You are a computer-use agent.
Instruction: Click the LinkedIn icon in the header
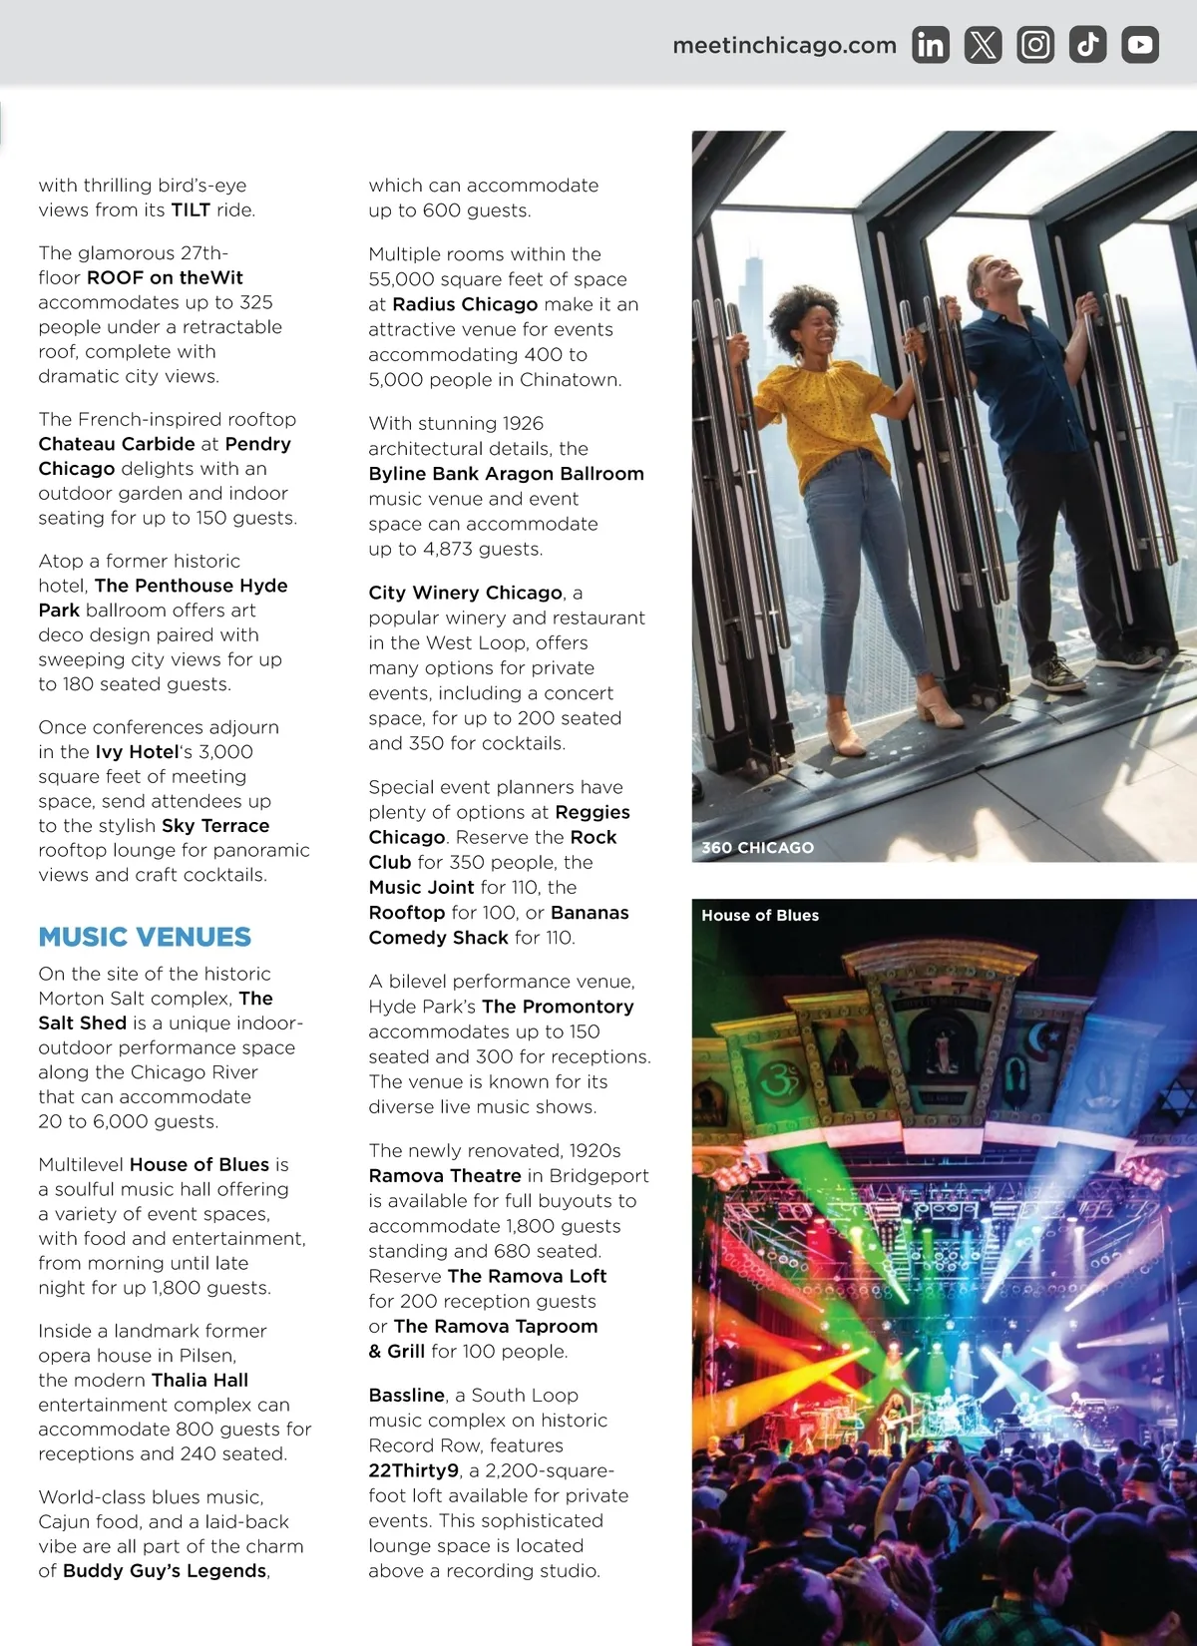click(930, 45)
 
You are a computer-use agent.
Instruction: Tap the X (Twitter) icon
click(983, 45)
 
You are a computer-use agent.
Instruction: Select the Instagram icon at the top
click(1035, 45)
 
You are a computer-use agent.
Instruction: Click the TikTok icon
click(1087, 45)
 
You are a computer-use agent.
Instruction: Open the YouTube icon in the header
click(1140, 45)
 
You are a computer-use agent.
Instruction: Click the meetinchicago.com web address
click(784, 46)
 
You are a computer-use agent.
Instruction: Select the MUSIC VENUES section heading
click(145, 937)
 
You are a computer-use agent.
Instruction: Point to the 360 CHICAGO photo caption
click(757, 848)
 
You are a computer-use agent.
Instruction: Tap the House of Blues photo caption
click(760, 916)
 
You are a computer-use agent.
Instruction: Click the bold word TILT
click(191, 210)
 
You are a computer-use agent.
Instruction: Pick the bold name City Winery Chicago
click(465, 594)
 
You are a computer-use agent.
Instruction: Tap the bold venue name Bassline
click(406, 1396)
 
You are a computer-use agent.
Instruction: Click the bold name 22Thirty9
click(413, 1471)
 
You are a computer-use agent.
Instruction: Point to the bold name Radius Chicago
click(465, 305)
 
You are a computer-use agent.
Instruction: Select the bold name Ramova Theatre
click(445, 1176)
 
